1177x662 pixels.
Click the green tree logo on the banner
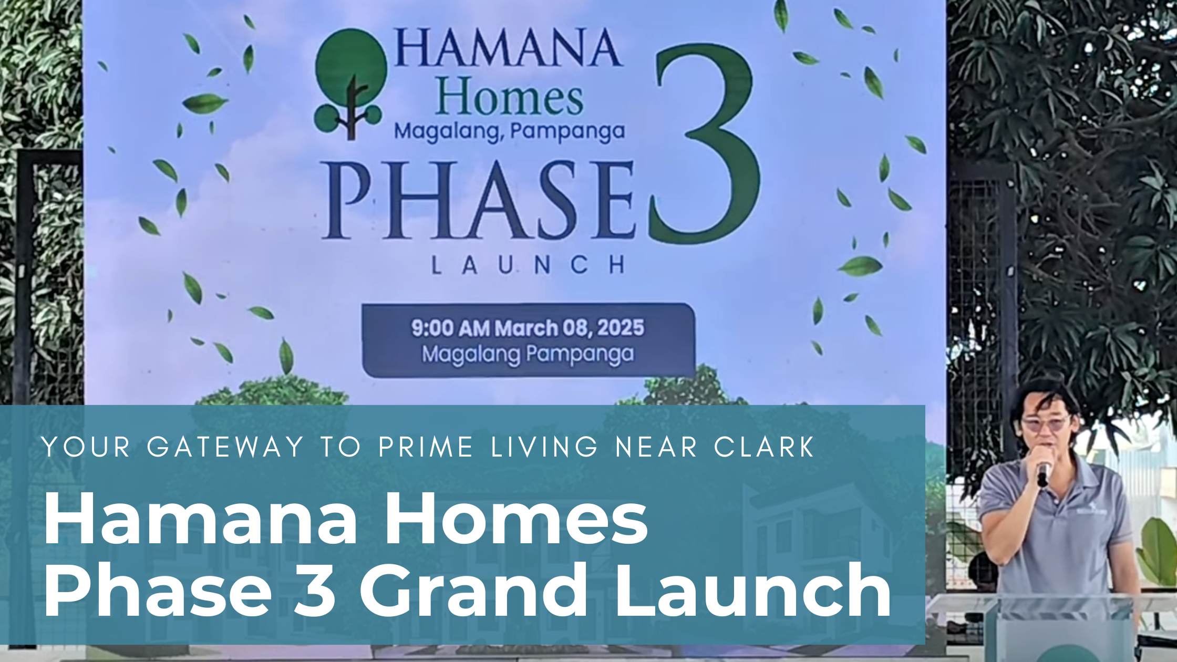pos(351,84)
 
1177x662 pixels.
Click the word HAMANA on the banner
pos(508,48)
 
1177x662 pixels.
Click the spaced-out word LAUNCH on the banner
pos(528,265)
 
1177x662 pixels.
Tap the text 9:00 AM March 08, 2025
pos(528,328)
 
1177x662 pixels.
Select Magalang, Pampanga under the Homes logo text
pos(509,131)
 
